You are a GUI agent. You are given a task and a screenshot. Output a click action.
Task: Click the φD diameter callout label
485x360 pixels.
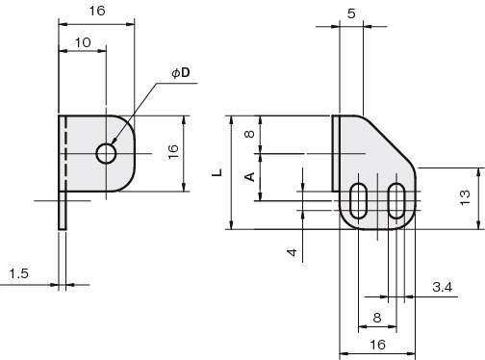[x=181, y=73]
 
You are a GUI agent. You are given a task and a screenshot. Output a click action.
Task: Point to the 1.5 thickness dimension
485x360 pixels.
[x=19, y=273]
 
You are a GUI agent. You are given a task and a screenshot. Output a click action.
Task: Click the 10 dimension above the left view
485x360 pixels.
[x=83, y=42]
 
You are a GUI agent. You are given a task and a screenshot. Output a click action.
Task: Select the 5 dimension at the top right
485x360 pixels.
[x=351, y=13]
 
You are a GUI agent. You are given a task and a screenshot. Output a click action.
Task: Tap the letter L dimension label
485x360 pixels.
[x=217, y=172]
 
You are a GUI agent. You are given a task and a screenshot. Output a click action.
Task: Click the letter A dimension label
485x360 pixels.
[x=249, y=177]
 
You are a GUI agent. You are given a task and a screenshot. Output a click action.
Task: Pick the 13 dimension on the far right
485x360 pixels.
[x=465, y=197]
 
